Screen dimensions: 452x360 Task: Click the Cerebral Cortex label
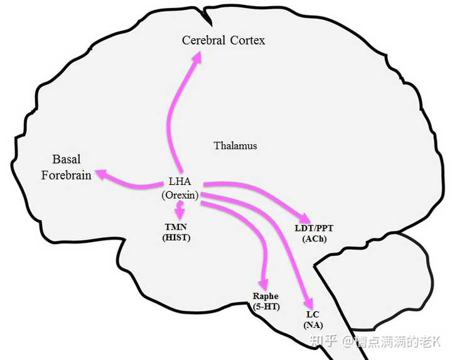223,41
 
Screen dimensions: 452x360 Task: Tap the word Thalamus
235,146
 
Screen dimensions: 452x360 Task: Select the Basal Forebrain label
66,167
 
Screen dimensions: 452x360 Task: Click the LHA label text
180,182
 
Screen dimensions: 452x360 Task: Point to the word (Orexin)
180,195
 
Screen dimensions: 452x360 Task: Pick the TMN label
175,226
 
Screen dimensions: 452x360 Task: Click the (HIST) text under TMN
175,238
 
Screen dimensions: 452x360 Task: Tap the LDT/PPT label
315,228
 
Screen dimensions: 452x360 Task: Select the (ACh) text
315,239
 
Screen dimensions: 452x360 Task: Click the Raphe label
266,296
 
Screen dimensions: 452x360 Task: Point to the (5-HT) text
266,307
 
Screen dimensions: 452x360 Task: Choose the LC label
312,314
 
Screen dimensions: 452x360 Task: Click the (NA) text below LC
312,325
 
